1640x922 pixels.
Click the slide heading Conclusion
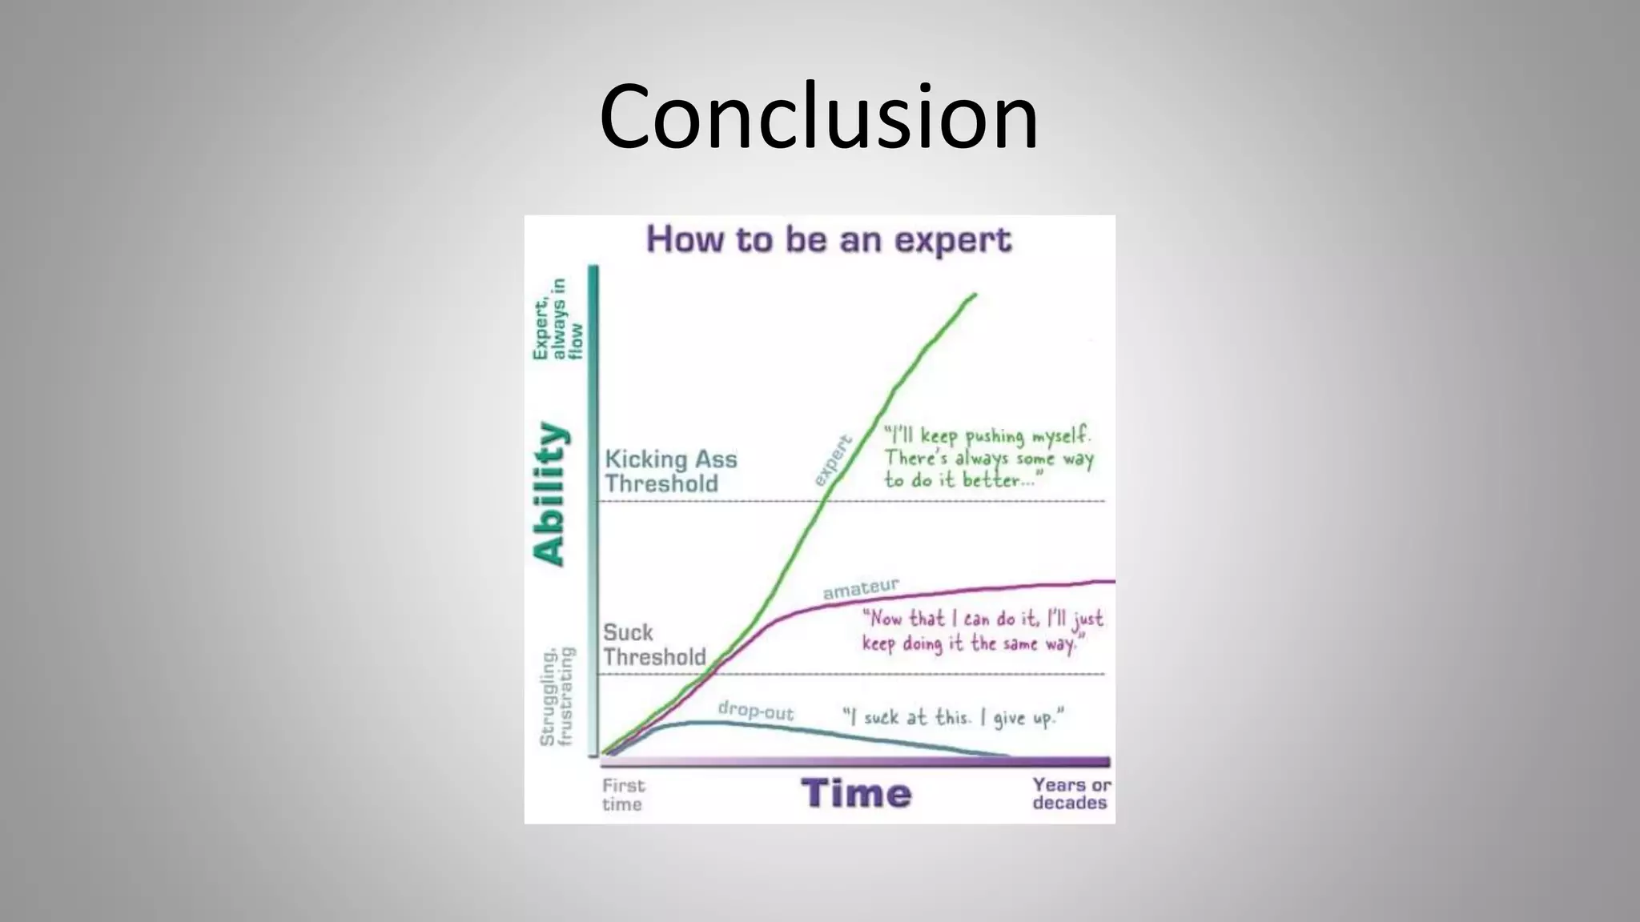tap(818, 116)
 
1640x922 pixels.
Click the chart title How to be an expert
tap(829, 239)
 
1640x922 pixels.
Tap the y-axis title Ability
tap(549, 494)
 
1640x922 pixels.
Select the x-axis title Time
tap(856, 793)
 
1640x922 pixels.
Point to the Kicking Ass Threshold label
tap(670, 471)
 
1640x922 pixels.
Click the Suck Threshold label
tap(653, 645)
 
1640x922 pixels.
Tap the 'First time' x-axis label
tap(623, 795)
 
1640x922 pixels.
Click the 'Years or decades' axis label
tap(1071, 793)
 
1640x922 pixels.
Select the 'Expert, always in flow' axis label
tap(559, 319)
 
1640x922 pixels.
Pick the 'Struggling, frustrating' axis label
tap(557, 697)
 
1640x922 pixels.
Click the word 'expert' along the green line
tap(832, 461)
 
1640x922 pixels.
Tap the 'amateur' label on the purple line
tap(861, 589)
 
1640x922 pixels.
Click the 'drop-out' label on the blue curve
tap(755, 711)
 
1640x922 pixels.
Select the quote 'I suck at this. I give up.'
tap(953, 717)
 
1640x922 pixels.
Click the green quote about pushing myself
tap(988, 458)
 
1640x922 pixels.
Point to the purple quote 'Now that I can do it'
tap(982, 631)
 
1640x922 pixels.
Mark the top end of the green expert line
tap(975, 295)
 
